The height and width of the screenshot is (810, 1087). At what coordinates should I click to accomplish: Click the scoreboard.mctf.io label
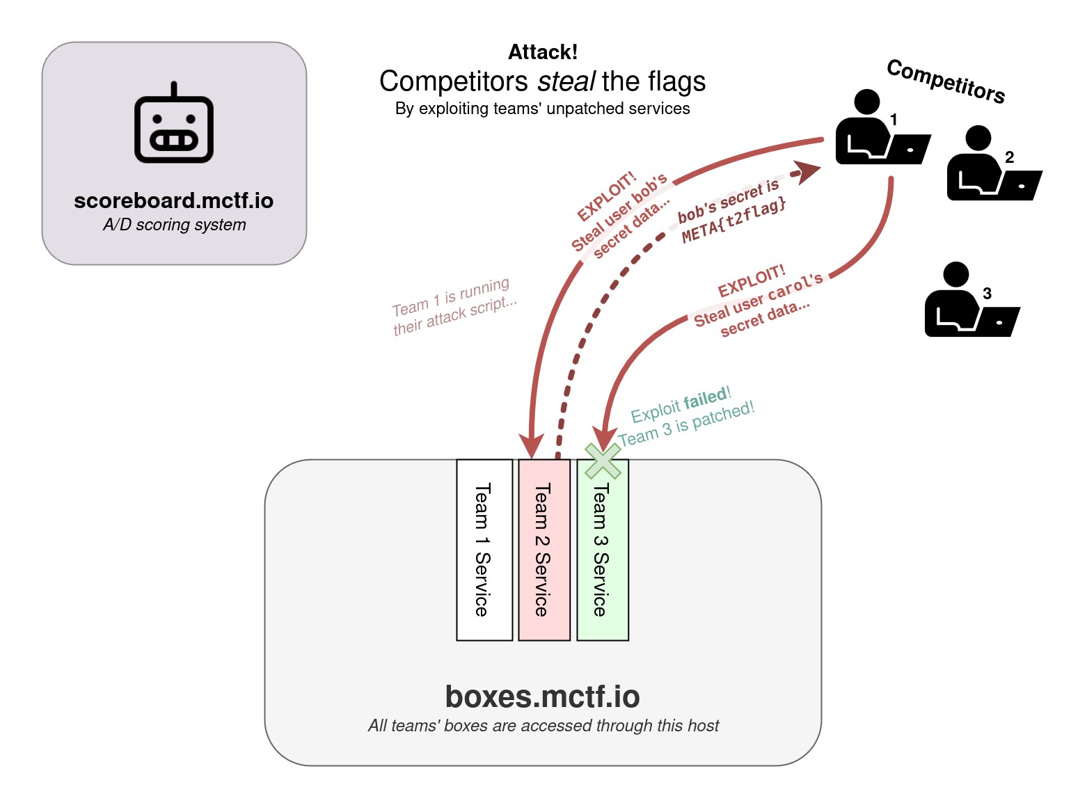174,201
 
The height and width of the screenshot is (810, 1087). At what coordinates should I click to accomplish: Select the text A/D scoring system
174,225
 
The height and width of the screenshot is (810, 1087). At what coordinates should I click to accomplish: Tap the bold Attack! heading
543,52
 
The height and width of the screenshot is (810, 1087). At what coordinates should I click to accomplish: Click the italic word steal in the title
566,81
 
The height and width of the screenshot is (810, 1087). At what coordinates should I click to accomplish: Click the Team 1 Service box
484,550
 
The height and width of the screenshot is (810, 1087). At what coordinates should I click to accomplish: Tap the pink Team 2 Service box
544,550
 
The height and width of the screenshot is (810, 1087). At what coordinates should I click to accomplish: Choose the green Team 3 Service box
603,550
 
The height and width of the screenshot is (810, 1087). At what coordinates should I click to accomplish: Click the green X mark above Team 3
603,461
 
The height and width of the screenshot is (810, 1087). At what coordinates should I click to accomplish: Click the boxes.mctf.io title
542,697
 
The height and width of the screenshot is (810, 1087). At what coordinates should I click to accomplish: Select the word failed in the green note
705,400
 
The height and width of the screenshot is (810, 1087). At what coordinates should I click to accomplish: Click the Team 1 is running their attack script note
454,307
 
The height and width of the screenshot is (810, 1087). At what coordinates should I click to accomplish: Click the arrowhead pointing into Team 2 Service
532,445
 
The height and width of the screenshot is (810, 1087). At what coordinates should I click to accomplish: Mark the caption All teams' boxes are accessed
543,726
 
